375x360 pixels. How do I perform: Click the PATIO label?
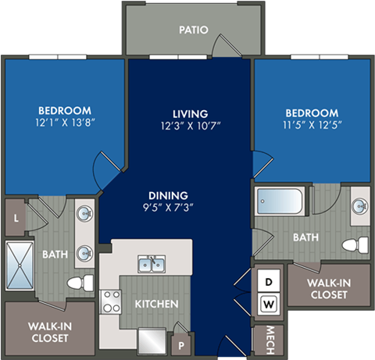point(192,30)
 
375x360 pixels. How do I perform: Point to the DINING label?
point(168,196)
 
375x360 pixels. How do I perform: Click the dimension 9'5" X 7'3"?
point(168,208)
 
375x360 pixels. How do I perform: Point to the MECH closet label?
point(269,338)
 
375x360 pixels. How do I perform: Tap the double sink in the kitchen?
point(151,265)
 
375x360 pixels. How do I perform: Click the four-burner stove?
point(110,301)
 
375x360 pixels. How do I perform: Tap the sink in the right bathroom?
point(359,207)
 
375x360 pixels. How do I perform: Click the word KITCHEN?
point(157,303)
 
